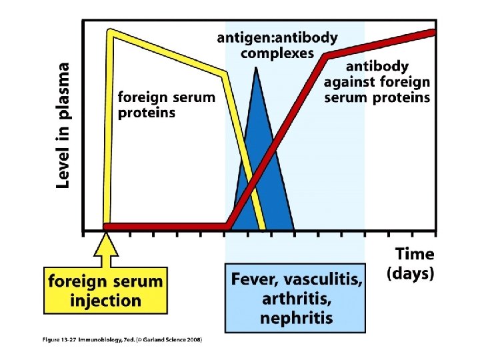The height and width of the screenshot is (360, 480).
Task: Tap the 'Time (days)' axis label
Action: [x=411, y=263]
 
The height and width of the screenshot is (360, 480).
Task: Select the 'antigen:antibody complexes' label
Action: [x=277, y=45]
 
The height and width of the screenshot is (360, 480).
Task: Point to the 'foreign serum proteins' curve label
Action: [x=166, y=105]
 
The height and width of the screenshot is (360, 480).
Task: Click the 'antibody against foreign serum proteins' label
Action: [x=377, y=82]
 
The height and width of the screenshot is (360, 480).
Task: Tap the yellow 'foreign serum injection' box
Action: [x=105, y=291]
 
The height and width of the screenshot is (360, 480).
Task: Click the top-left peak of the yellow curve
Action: [x=111, y=32]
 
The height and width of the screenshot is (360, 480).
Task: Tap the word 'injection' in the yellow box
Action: [x=105, y=300]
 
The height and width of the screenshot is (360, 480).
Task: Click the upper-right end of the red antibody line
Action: [x=433, y=31]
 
